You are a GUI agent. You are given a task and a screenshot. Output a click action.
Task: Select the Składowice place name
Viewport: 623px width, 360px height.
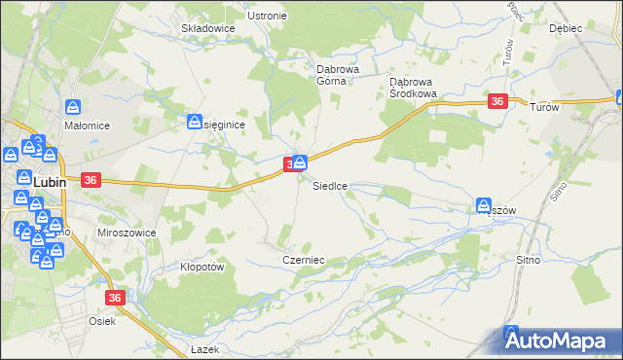(x=208, y=29)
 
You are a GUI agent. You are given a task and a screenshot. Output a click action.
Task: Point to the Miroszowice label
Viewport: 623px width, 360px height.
(x=121, y=234)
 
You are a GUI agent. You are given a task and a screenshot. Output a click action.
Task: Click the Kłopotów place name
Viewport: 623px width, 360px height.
(x=202, y=267)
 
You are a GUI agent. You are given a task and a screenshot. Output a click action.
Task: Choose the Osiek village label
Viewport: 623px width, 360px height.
(x=102, y=321)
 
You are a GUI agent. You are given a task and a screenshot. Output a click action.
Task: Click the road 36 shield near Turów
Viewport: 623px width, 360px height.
(x=497, y=102)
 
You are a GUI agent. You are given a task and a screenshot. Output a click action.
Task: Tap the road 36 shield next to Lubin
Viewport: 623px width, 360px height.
(x=91, y=180)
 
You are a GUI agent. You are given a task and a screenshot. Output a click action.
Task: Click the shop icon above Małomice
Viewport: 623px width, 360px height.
(x=73, y=107)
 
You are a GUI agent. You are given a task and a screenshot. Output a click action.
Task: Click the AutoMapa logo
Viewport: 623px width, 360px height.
(x=561, y=342)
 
